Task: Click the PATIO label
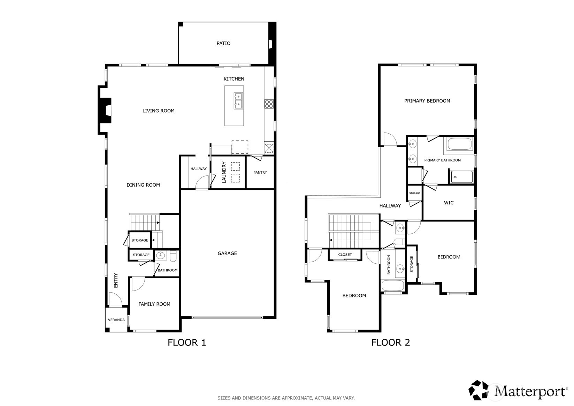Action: pyautogui.click(x=223, y=44)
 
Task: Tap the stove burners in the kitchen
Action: pyautogui.click(x=269, y=104)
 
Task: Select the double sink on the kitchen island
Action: pyautogui.click(x=238, y=100)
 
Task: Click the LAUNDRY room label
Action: pyautogui.click(x=224, y=172)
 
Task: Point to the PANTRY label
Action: pyautogui.click(x=260, y=173)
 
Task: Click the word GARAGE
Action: pyautogui.click(x=227, y=254)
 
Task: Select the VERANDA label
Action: pyautogui.click(x=116, y=320)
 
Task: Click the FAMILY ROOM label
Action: pyautogui.click(x=154, y=304)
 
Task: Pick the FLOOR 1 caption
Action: pyautogui.click(x=187, y=343)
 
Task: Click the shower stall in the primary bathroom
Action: pyautogui.click(x=461, y=177)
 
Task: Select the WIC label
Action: pyautogui.click(x=449, y=203)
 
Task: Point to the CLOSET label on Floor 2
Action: pyautogui.click(x=345, y=255)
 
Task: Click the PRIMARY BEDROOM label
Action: pyautogui.click(x=427, y=101)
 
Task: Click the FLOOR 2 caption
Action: pyautogui.click(x=390, y=343)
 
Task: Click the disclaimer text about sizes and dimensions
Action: pyautogui.click(x=286, y=398)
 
